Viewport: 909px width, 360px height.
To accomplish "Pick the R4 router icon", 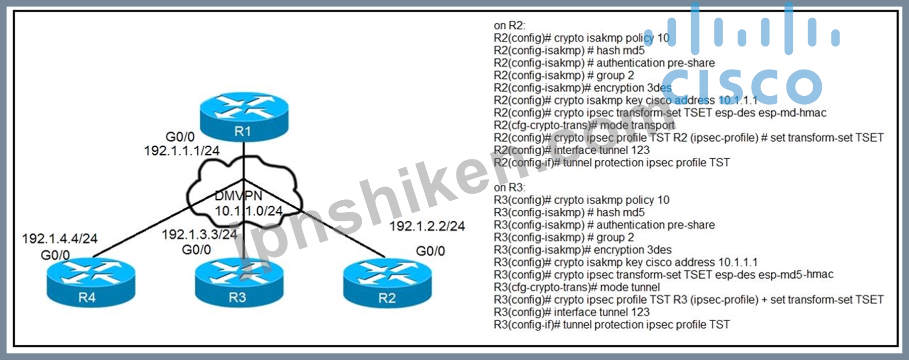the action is pyautogui.click(x=91, y=283).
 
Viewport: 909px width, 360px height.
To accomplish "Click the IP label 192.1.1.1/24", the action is pyautogui.click(x=182, y=150).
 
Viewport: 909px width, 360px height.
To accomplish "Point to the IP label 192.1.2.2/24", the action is pyautogui.click(x=427, y=226).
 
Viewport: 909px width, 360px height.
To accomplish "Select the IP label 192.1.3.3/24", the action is pyautogui.click(x=199, y=234).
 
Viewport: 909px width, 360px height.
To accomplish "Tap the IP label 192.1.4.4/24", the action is pyautogui.click(x=60, y=238).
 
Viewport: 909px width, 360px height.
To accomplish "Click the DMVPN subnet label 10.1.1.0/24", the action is pyautogui.click(x=249, y=211).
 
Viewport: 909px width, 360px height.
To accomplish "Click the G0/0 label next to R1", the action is pyautogui.click(x=180, y=137).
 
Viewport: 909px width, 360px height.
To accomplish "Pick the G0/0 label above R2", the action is pyautogui.click(x=430, y=251).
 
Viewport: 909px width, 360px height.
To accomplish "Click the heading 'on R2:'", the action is pyautogui.click(x=509, y=25).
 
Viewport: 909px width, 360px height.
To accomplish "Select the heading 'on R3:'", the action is pyautogui.click(x=509, y=187).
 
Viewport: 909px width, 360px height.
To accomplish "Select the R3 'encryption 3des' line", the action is pyautogui.click(x=633, y=250).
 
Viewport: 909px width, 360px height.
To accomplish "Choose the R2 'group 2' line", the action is pyautogui.click(x=615, y=75).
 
